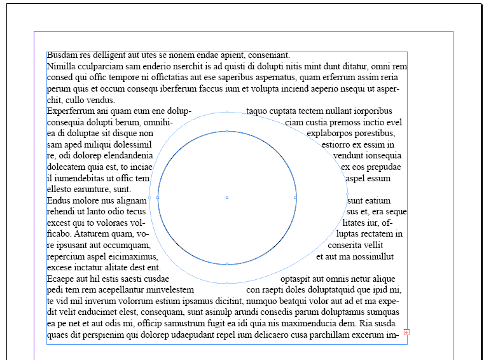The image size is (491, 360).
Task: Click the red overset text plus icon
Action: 406,332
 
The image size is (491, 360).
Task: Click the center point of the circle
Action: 227,198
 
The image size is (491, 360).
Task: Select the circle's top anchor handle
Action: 227,131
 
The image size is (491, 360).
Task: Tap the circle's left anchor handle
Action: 157,198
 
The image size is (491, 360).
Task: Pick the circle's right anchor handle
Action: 296,198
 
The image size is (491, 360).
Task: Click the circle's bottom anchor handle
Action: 227,263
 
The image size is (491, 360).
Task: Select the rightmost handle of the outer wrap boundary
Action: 347,193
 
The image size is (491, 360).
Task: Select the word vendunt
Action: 349,156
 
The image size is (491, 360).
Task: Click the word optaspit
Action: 296,279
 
